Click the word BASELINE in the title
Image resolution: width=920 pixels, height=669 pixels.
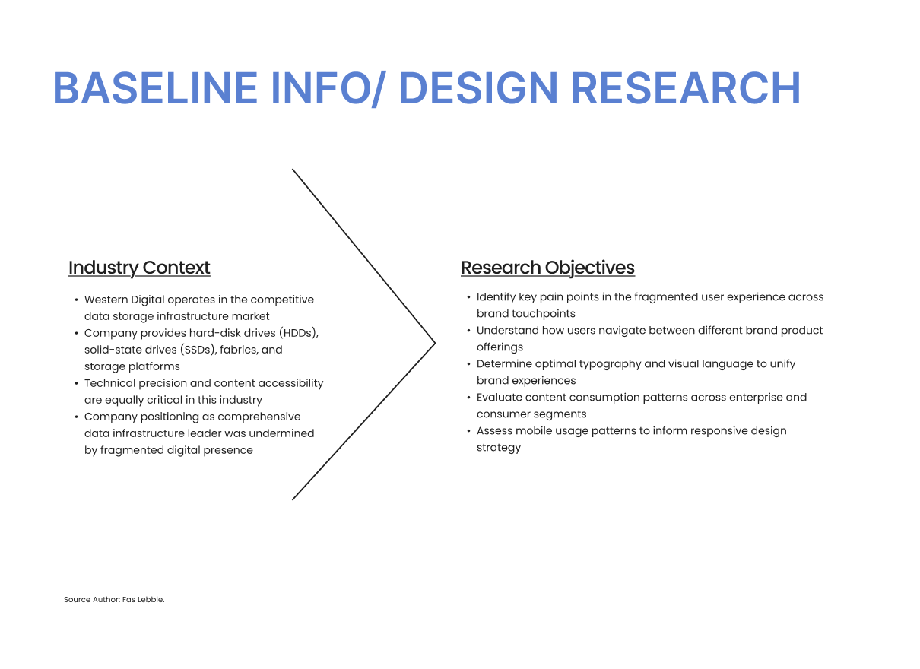155,88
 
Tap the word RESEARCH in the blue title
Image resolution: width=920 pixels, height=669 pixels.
686,88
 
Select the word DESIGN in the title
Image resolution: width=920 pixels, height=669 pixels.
478,88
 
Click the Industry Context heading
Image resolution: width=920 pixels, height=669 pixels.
139,268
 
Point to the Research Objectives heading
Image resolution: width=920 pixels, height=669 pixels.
547,268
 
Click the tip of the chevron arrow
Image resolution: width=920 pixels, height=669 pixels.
435,343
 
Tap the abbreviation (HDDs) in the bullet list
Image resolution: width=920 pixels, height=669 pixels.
299,333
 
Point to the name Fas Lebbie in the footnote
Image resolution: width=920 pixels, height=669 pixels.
142,600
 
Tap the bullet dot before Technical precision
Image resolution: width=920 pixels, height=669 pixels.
76,384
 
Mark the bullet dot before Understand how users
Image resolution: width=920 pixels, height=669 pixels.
468,331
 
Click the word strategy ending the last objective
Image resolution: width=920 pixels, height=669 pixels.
499,448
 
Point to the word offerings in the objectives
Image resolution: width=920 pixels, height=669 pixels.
500,348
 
